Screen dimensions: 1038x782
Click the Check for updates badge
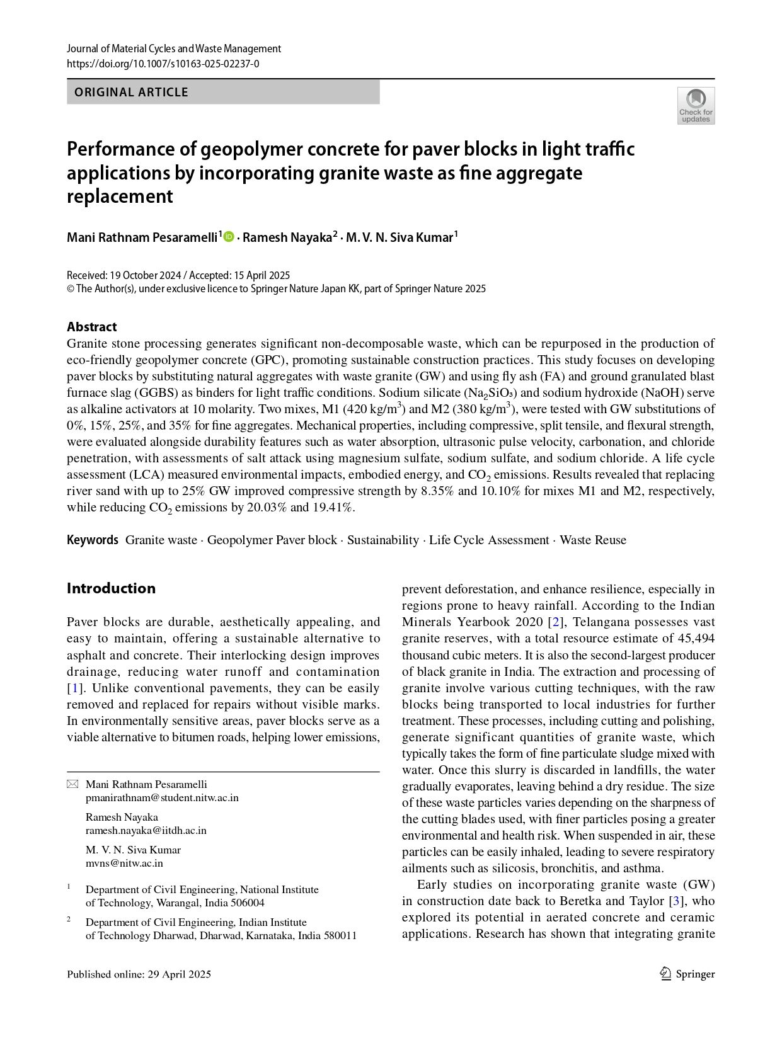click(696, 105)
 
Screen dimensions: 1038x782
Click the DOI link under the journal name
click(163, 64)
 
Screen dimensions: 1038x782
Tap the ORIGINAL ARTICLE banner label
click(131, 92)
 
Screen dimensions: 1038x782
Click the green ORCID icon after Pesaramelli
click(229, 237)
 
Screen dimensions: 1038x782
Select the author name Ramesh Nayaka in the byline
click(287, 237)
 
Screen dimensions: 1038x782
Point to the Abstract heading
click(91, 326)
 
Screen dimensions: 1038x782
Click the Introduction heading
click(111, 588)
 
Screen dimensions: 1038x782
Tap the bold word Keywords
click(92, 540)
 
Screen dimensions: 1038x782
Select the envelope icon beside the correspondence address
click(72, 784)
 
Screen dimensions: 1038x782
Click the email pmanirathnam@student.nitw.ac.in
click(162, 797)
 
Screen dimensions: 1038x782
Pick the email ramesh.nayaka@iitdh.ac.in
click(146, 830)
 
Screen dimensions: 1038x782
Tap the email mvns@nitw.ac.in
click(124, 863)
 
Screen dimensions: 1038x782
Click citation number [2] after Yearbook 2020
click(556, 622)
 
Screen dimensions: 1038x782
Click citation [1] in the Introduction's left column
click(74, 688)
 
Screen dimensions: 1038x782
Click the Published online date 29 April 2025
click(179, 974)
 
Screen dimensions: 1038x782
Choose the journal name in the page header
click(173, 48)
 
